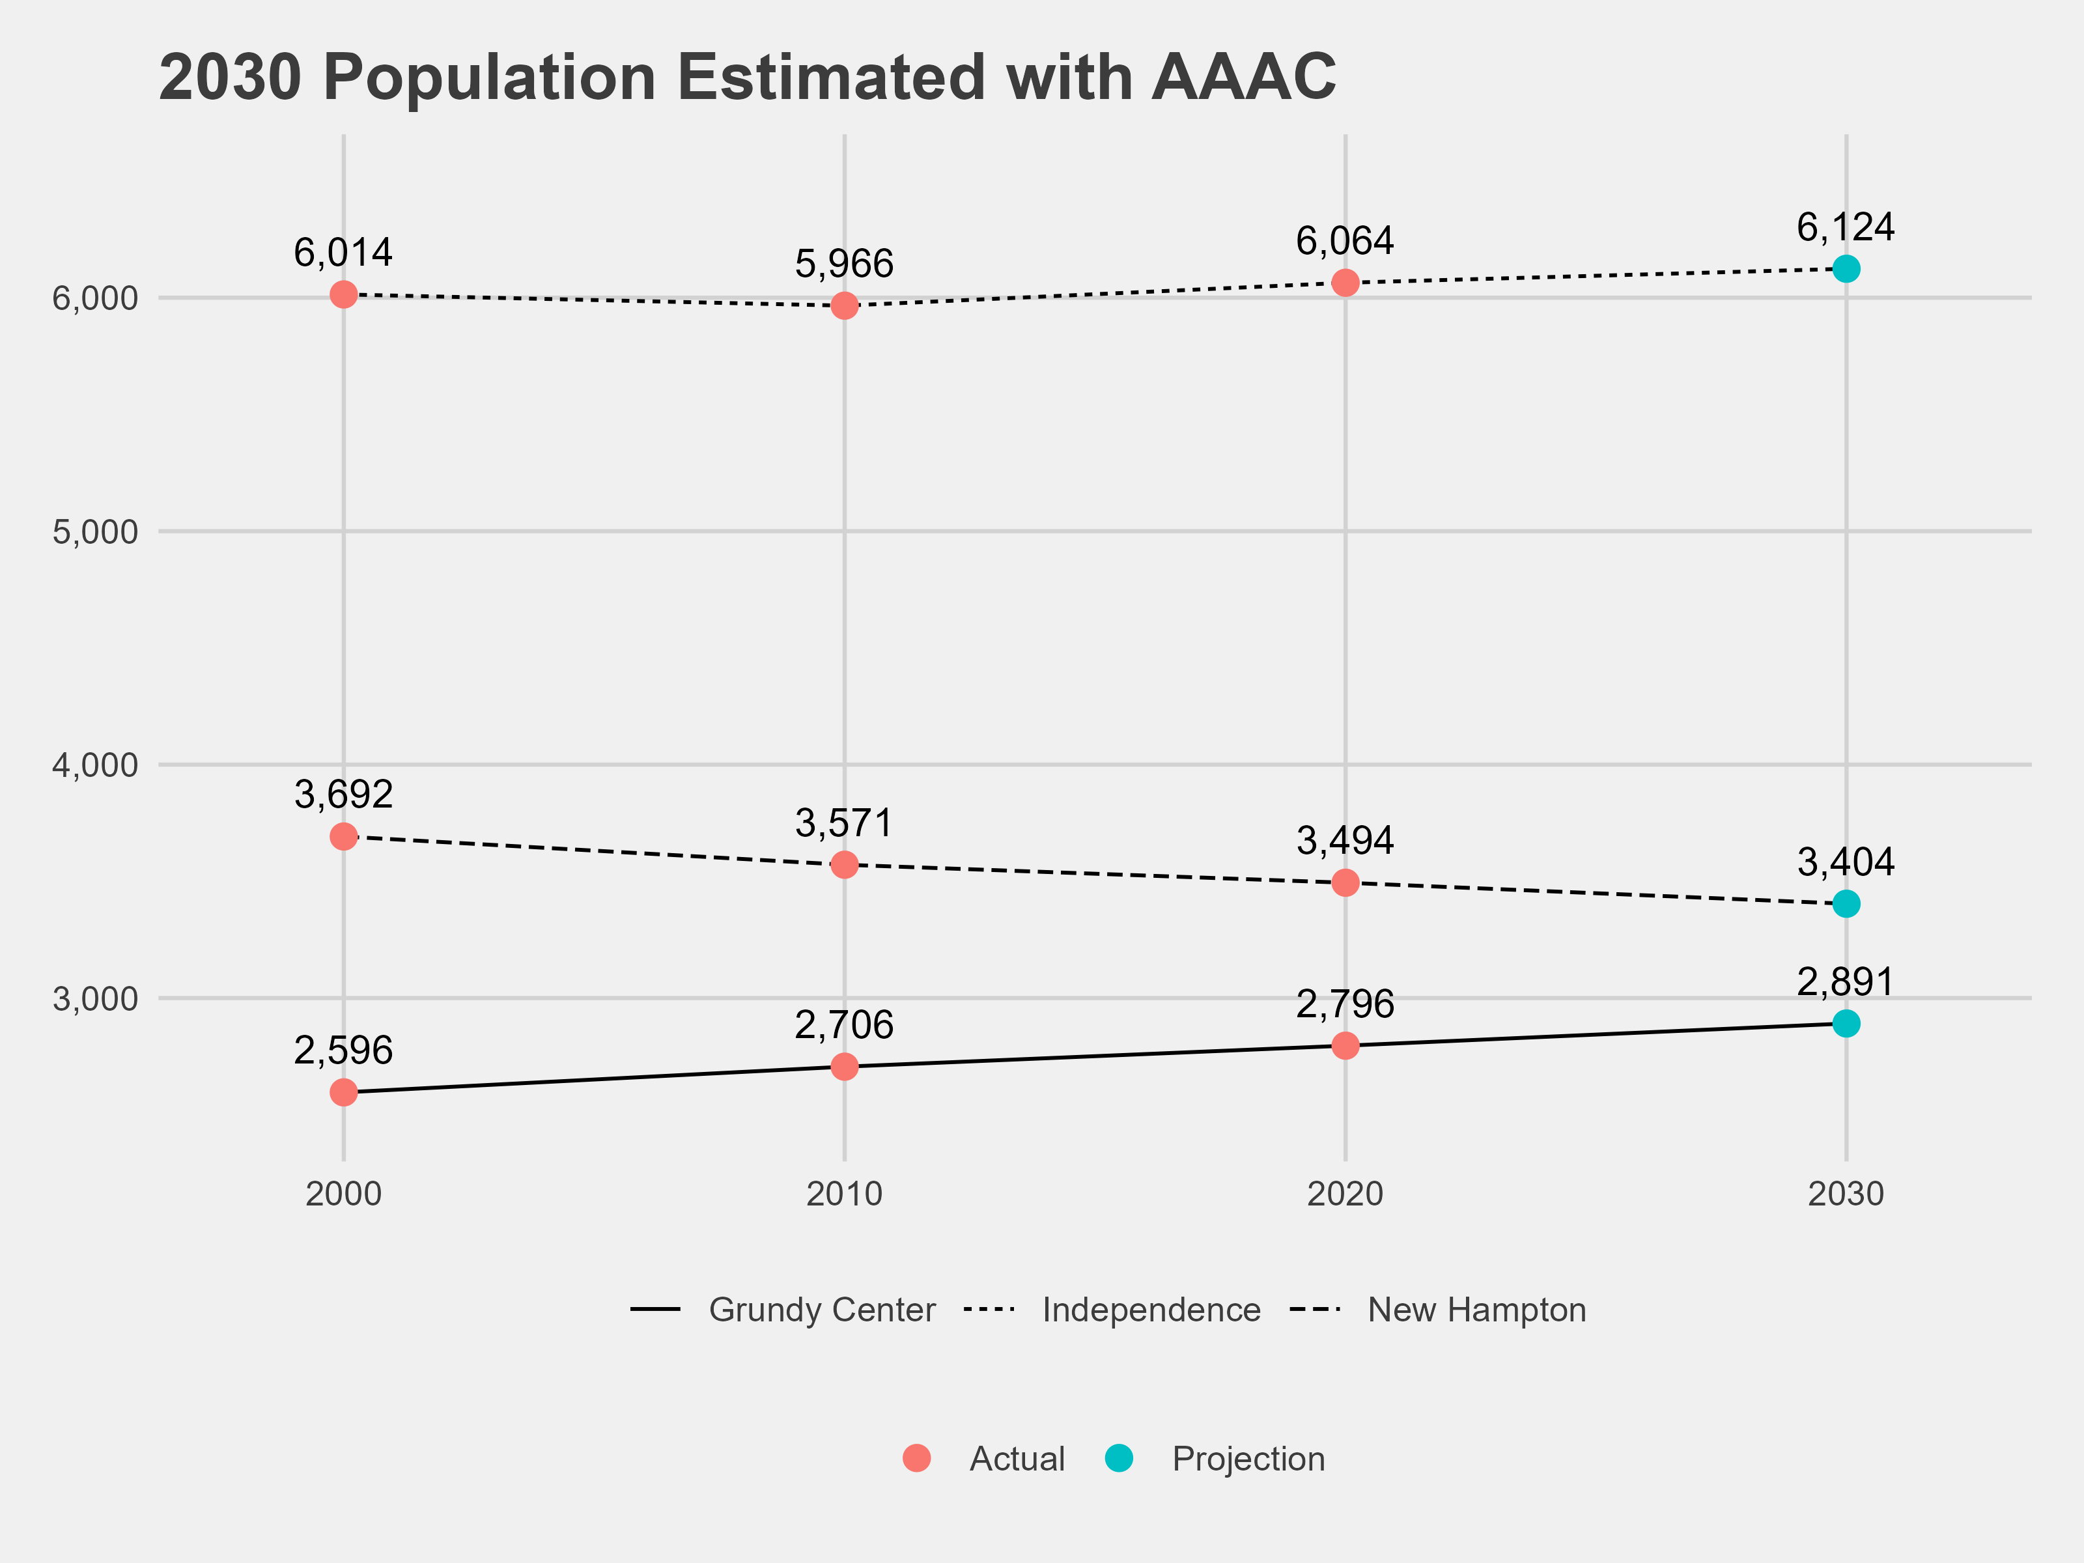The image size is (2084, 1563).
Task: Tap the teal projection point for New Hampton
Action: pyautogui.click(x=1846, y=903)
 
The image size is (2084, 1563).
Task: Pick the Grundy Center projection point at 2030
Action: pyautogui.click(x=1846, y=1023)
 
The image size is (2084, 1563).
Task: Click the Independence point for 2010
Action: pyautogui.click(x=844, y=305)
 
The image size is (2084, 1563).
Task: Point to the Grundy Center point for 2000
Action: pyautogui.click(x=344, y=1093)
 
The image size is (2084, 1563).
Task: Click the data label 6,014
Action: pyautogui.click(x=343, y=253)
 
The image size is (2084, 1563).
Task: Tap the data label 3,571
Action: pyautogui.click(x=843, y=823)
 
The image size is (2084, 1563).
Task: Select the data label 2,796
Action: pyautogui.click(x=1344, y=1004)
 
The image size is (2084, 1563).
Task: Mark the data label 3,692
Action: pyautogui.click(x=343, y=795)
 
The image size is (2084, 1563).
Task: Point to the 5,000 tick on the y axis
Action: pyautogui.click(x=95, y=531)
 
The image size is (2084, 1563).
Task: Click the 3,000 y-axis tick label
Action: pyautogui.click(x=95, y=998)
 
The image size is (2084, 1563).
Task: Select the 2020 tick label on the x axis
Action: pyautogui.click(x=1344, y=1194)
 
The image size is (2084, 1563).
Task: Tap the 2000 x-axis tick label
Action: pyautogui.click(x=344, y=1194)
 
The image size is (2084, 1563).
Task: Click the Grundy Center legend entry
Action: pyautogui.click(x=821, y=1310)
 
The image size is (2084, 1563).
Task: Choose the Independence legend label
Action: pyautogui.click(x=1150, y=1310)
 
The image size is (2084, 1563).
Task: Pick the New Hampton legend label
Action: pyautogui.click(x=1476, y=1310)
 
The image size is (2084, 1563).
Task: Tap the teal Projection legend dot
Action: pyautogui.click(x=1118, y=1458)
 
